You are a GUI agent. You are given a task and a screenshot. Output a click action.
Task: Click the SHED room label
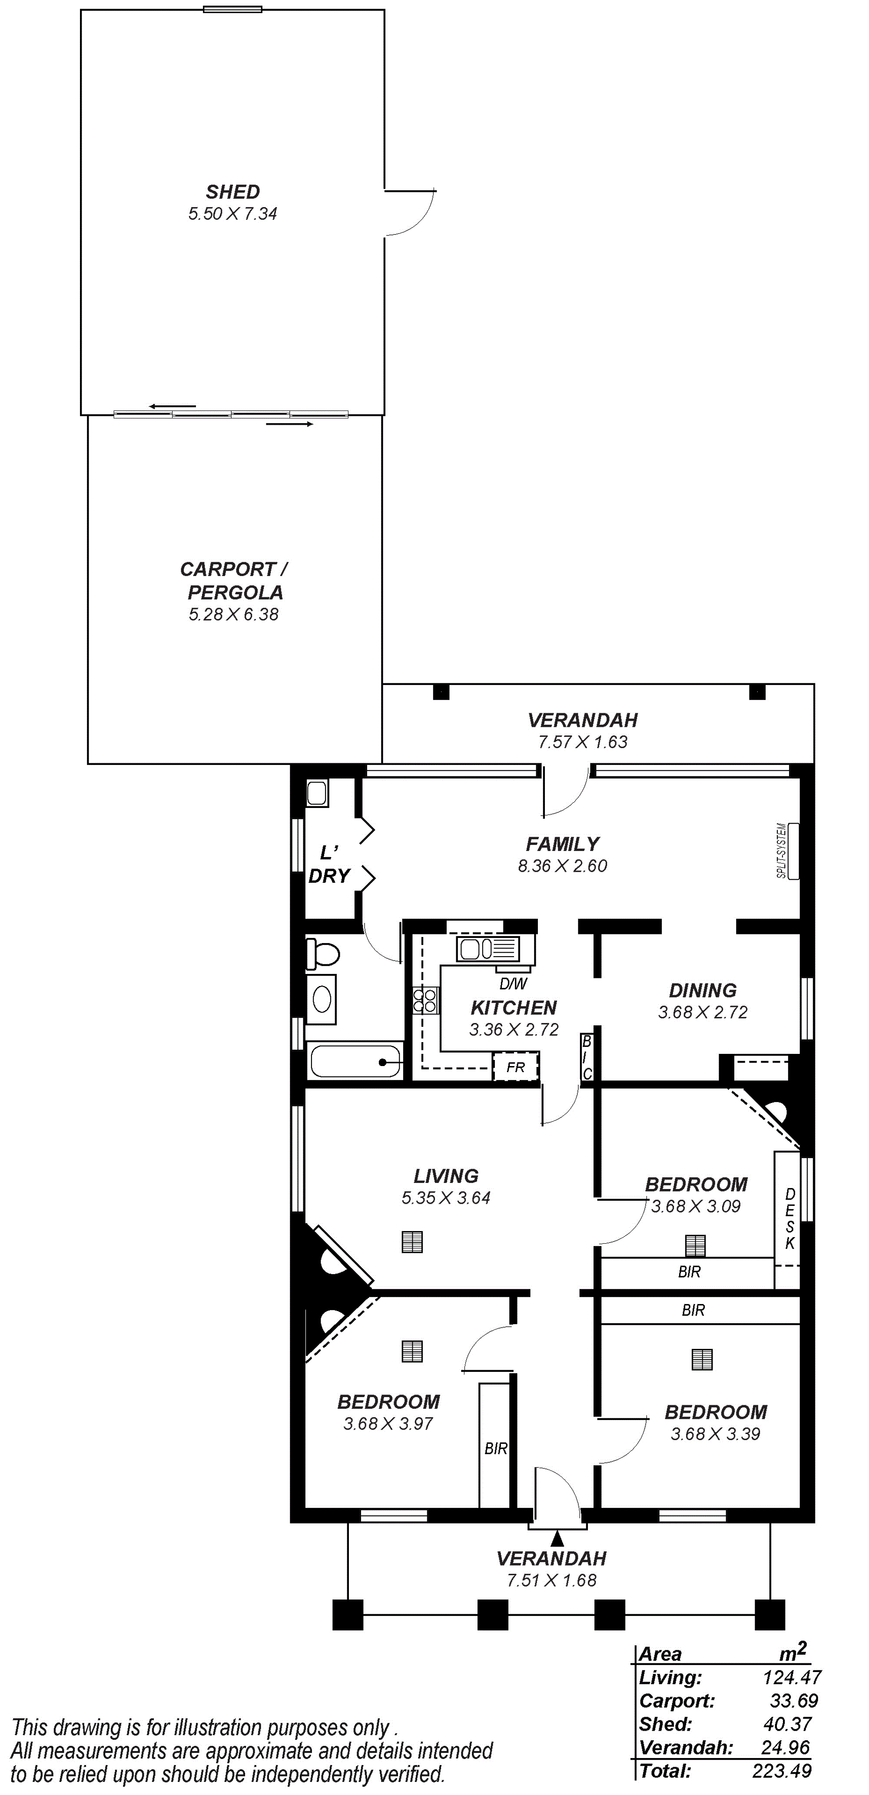(233, 192)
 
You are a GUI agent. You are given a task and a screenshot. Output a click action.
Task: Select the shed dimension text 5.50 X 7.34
(233, 214)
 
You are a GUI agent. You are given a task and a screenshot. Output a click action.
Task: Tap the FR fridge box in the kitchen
(516, 1067)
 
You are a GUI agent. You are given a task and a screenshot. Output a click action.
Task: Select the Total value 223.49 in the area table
(782, 1771)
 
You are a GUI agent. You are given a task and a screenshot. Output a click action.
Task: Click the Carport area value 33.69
(794, 1701)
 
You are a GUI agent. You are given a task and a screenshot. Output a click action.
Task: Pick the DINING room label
(703, 990)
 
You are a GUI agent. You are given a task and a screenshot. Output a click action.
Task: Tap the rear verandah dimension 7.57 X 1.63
(583, 742)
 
